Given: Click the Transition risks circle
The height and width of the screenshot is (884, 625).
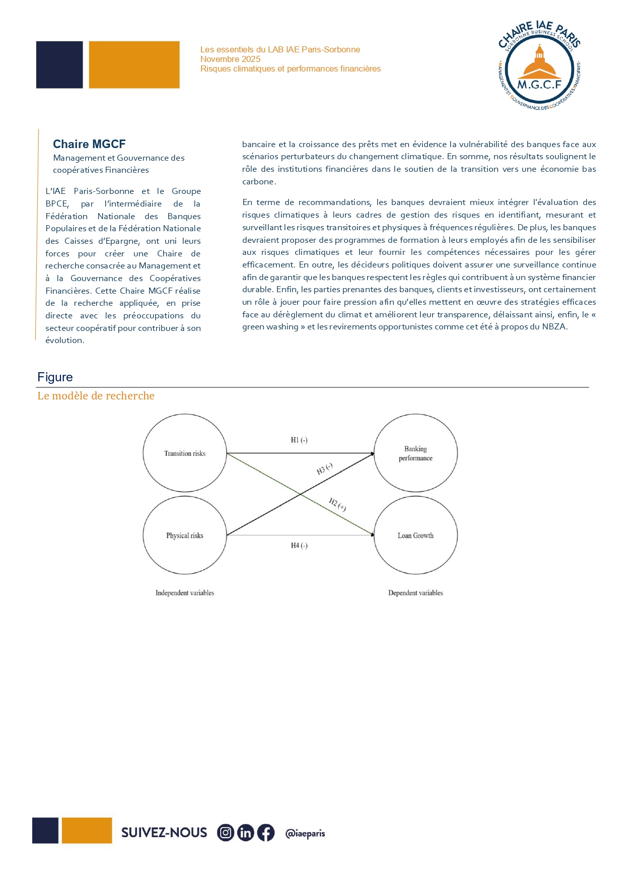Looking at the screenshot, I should coord(185,453).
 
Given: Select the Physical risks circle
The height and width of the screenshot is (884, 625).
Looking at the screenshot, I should coord(185,535).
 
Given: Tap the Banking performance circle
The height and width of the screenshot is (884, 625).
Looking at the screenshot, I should coord(415,453).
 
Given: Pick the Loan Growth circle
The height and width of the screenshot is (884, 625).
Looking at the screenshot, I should coord(415,535).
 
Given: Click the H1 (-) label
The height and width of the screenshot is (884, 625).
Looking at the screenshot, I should coord(299,440).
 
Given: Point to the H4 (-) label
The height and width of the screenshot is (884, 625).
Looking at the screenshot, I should coord(299,546).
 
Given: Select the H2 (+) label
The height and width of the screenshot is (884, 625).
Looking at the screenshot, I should coord(337,504).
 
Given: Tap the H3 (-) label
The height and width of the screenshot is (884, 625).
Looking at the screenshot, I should coord(325,469).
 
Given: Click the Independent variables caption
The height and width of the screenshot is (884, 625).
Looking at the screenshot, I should coord(185,593).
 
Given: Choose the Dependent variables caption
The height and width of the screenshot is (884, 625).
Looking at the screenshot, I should coord(415,593).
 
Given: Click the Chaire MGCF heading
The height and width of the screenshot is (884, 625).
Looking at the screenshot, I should coord(89,145).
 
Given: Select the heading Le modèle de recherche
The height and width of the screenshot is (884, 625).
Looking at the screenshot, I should coord(96,396).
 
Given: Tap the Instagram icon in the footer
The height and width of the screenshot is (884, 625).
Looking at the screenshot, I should coord(226,833).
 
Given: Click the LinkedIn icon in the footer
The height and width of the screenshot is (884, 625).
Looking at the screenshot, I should coord(246,833).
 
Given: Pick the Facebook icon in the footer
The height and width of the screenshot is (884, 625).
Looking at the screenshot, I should coord(266,833).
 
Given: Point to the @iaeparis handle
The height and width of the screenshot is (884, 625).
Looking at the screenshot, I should coord(305,834).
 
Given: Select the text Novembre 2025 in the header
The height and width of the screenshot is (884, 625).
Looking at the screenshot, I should coord(230,59).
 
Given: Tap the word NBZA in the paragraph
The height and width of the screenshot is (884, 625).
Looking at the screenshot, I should coord(554,327).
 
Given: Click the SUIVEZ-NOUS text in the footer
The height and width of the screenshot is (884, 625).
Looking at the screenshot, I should coord(164,833).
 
